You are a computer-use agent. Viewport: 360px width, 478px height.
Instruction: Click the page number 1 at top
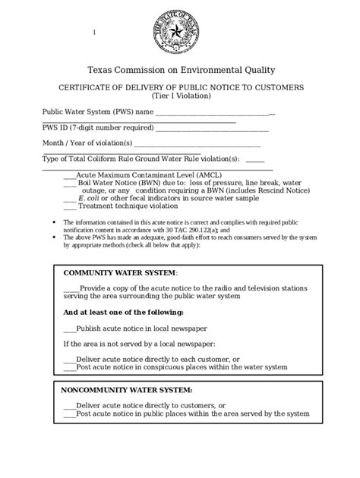[x=94, y=32]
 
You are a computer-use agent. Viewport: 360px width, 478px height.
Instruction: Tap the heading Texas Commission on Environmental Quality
[x=180, y=70]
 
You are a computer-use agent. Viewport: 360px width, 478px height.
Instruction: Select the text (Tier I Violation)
[x=180, y=96]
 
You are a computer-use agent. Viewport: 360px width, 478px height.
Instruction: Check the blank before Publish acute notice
[x=70, y=329]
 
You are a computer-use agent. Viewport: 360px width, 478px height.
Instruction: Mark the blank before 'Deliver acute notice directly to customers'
[x=70, y=406]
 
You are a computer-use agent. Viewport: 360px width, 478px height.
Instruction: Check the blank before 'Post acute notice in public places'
[x=70, y=414]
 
